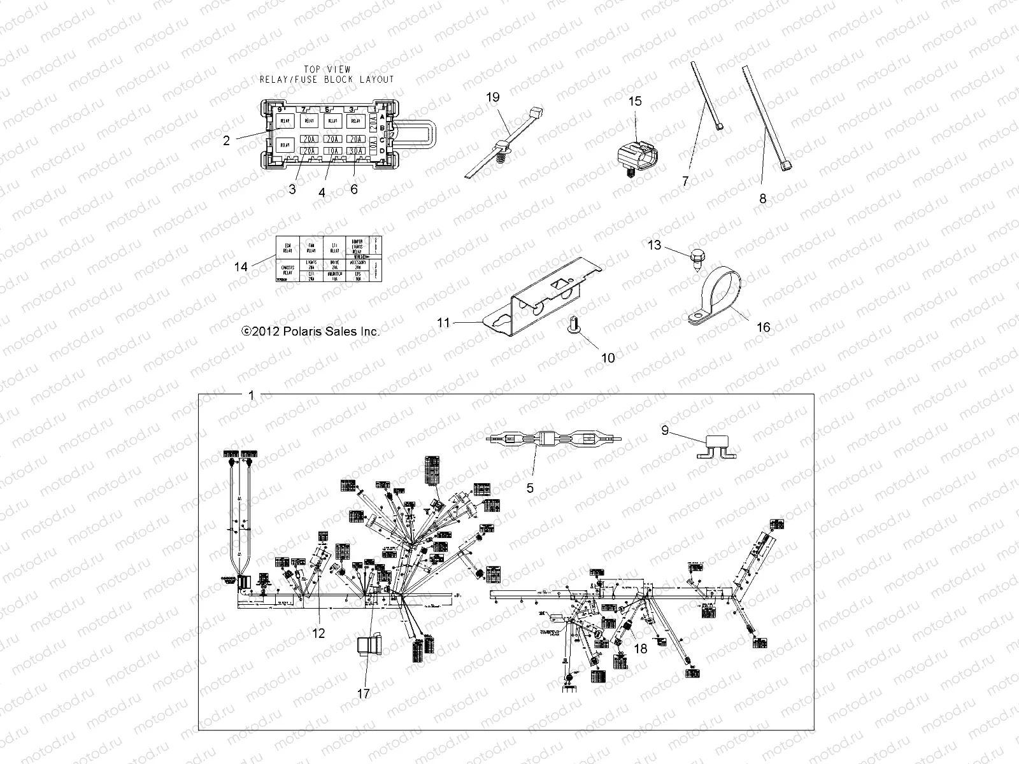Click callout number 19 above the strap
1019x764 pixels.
click(x=493, y=97)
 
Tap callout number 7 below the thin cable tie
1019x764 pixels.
click(x=685, y=181)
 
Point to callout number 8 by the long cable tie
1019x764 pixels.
click(x=763, y=198)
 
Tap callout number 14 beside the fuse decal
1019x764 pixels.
click(x=241, y=267)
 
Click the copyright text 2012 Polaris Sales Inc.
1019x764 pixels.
click(x=310, y=332)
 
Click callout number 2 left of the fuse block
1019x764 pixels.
click(x=226, y=141)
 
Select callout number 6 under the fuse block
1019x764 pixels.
click(x=354, y=189)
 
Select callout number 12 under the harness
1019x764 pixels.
click(x=318, y=633)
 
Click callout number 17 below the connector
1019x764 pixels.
click(x=363, y=694)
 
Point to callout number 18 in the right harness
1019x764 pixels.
click(x=641, y=648)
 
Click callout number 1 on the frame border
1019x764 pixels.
click(x=251, y=395)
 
